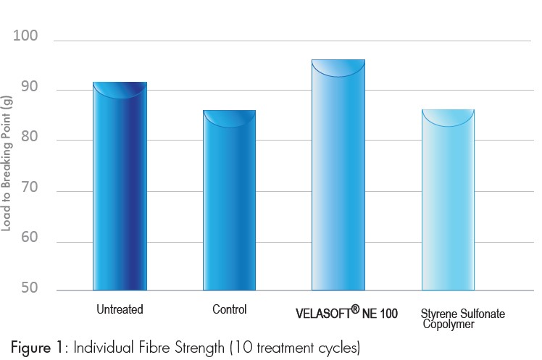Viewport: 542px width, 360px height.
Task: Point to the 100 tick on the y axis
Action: [28, 37]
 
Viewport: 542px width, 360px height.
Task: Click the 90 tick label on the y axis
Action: [29, 91]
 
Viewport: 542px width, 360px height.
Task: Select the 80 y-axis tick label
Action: [29, 141]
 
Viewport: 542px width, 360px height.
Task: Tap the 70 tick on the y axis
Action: [29, 192]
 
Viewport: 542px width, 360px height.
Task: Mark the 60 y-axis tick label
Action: [29, 243]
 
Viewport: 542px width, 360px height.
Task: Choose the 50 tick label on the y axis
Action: [29, 290]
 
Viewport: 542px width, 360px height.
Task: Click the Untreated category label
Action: [120, 310]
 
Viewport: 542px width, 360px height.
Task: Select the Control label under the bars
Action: [229, 310]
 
